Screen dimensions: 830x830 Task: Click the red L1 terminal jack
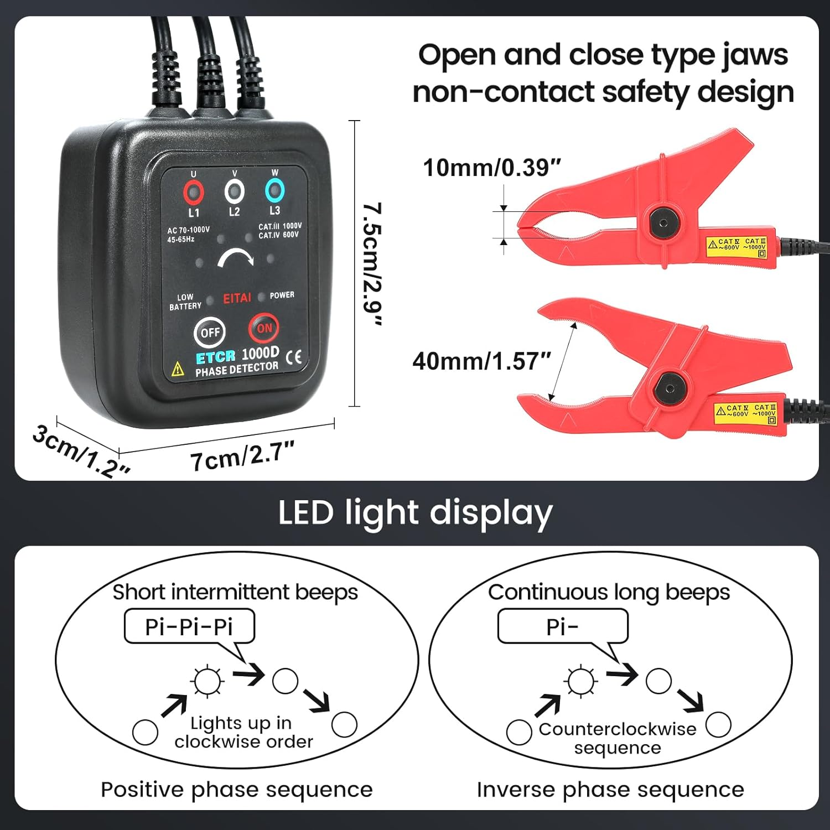pyautogui.click(x=194, y=193)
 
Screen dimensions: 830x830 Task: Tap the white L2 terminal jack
pyautogui.click(x=235, y=191)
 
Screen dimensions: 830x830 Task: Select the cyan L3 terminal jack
pyautogui.click(x=274, y=190)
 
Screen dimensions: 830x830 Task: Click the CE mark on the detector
pyautogui.click(x=294, y=357)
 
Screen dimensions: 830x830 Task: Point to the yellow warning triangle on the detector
pyautogui.click(x=178, y=369)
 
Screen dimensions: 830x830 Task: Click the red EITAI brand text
pyautogui.click(x=237, y=298)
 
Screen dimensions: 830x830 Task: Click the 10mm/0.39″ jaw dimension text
pyautogui.click(x=492, y=168)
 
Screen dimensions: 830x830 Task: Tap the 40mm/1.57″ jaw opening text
pyautogui.click(x=482, y=361)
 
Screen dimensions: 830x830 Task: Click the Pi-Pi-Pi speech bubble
pyautogui.click(x=189, y=627)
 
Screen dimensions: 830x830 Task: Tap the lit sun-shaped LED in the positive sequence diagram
pyautogui.click(x=207, y=681)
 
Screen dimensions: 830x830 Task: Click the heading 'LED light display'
pyautogui.click(x=415, y=512)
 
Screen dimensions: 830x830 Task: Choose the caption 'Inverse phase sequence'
pyautogui.click(x=610, y=790)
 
